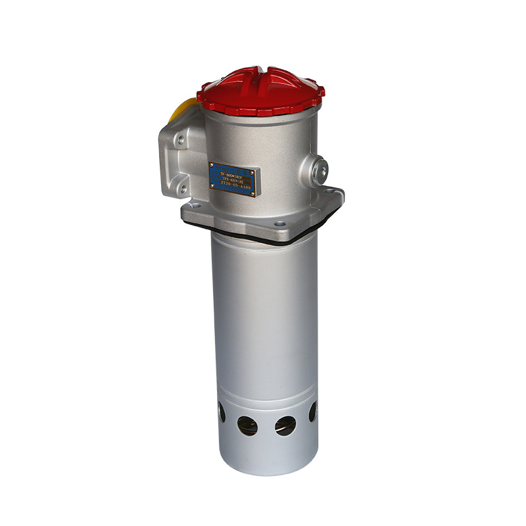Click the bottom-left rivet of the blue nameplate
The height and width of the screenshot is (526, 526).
pyautogui.click(x=212, y=186)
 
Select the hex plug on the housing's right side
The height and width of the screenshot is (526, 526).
pyautogui.click(x=320, y=170)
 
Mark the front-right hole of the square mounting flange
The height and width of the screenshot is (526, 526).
pyautogui.click(x=281, y=224)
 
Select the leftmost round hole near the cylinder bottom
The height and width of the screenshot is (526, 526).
pyautogui.click(x=222, y=414)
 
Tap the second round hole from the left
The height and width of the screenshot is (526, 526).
pyautogui.click(x=248, y=425)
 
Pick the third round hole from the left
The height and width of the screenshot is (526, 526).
pyautogui.click(x=285, y=426)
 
